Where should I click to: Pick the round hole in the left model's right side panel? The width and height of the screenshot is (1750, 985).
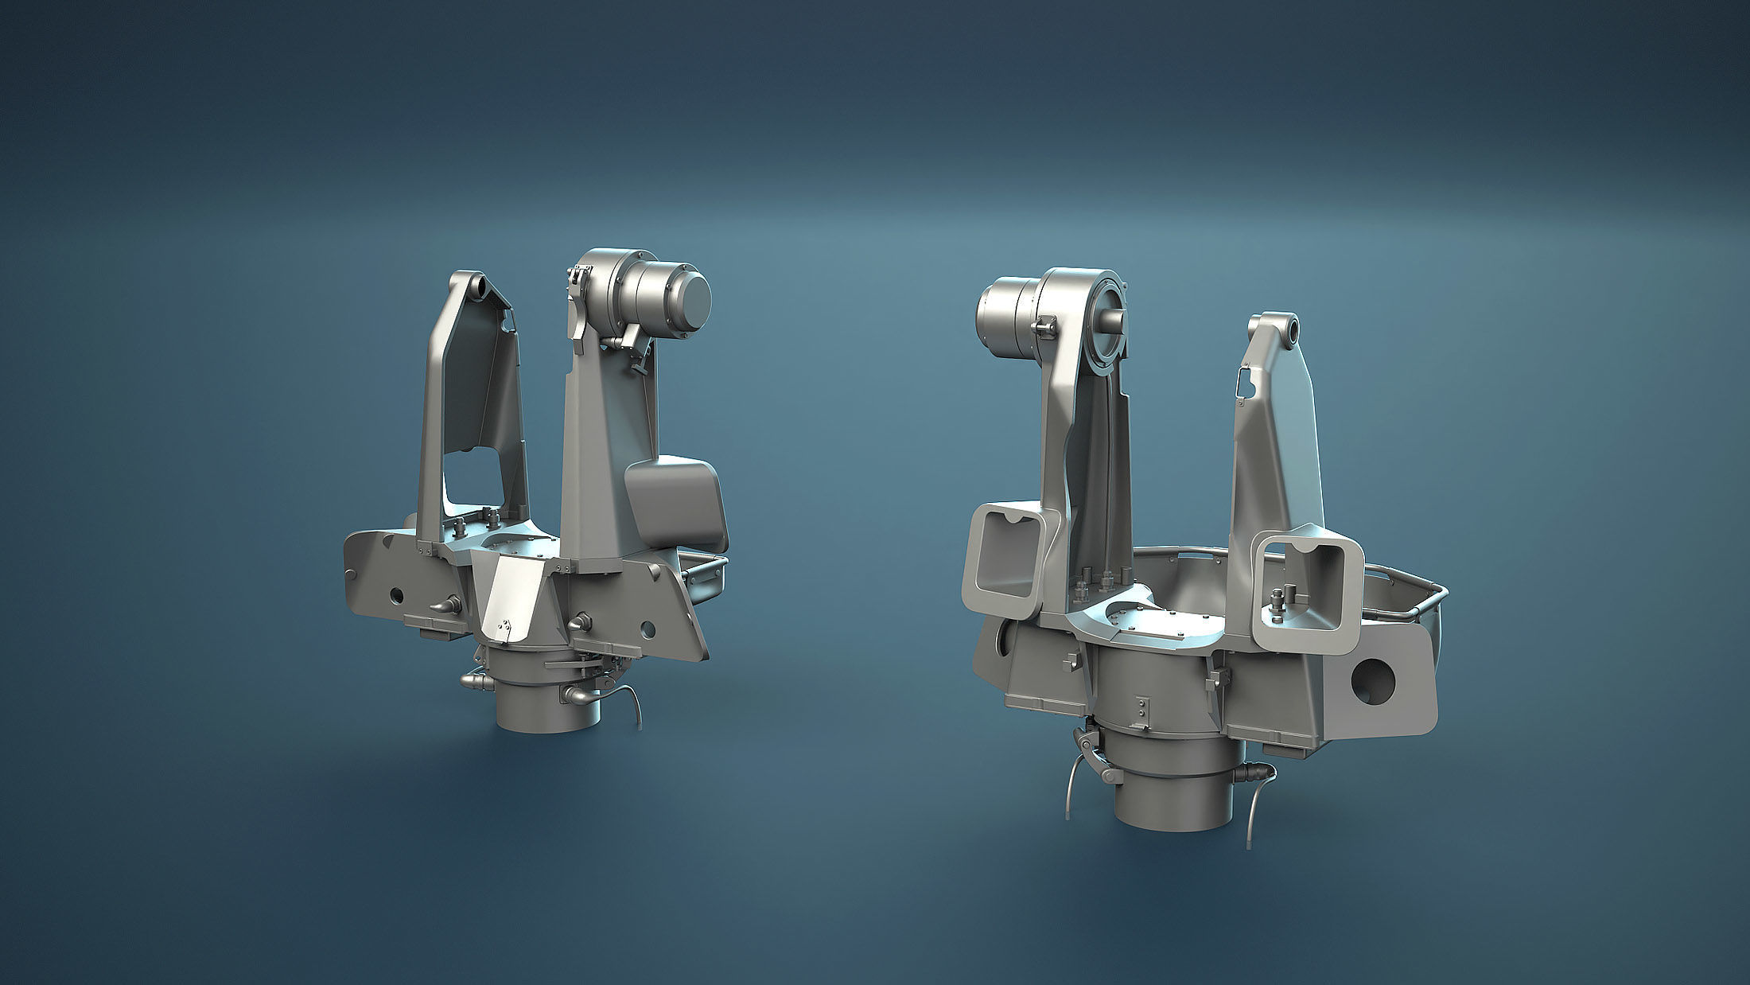(647, 630)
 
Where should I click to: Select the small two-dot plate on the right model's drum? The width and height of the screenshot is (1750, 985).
(1141, 711)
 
